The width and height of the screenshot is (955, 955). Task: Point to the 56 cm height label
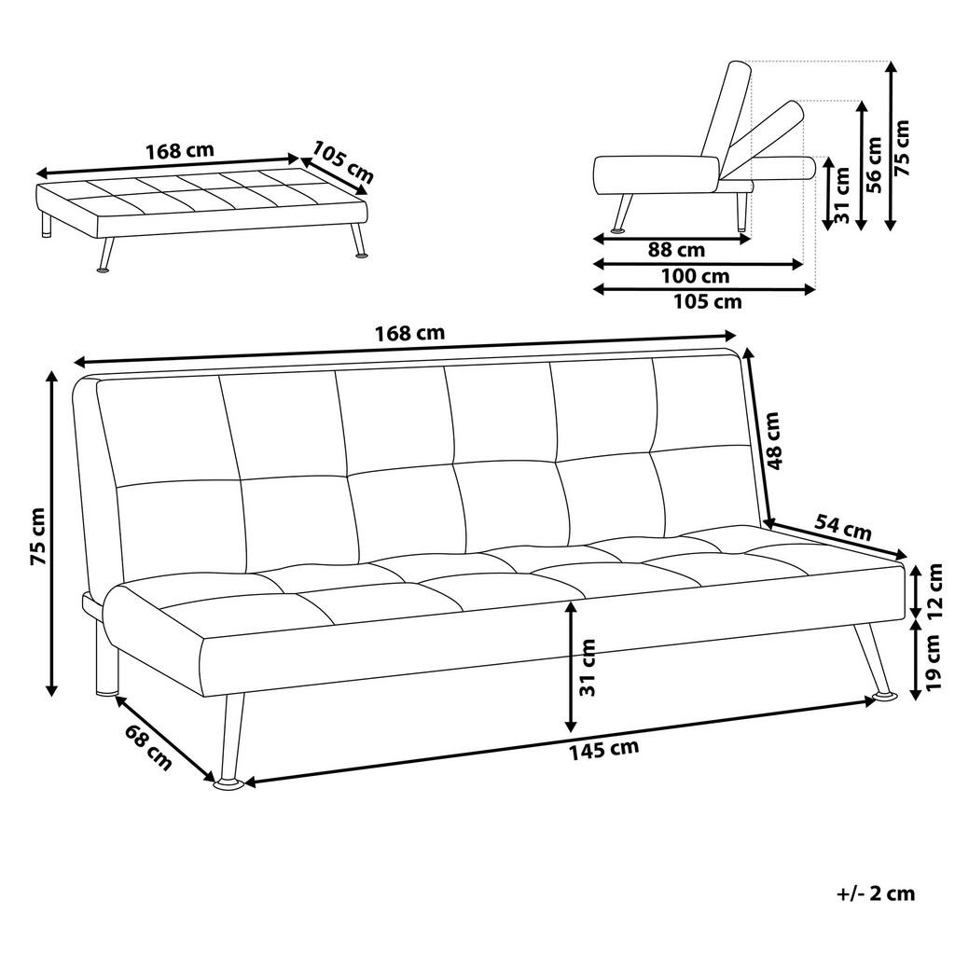point(874,164)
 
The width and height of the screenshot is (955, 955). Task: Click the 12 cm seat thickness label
point(935,591)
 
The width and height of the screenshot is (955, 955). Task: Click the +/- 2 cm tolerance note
point(877,894)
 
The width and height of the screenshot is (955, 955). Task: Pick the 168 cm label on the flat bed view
point(180,150)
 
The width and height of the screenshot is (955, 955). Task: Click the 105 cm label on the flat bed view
point(342,161)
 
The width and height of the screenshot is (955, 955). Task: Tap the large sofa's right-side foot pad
point(884,697)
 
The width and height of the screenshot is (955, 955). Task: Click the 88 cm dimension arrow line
point(671,238)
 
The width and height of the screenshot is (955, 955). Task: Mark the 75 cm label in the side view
point(902,146)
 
